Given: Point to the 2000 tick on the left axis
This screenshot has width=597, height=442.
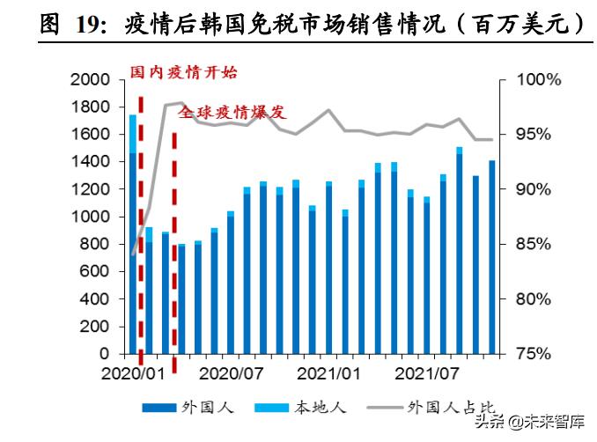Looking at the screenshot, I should coord(92,80).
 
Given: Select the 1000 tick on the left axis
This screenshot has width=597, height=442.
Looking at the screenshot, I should coord(92,217).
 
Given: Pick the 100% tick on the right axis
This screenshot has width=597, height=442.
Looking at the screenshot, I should coord(538,80).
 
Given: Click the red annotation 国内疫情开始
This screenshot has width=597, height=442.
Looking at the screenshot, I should coord(183,72).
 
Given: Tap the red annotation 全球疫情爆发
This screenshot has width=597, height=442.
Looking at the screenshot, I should coord(232,113).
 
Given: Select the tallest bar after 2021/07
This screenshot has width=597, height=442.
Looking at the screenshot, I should coord(459,251).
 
